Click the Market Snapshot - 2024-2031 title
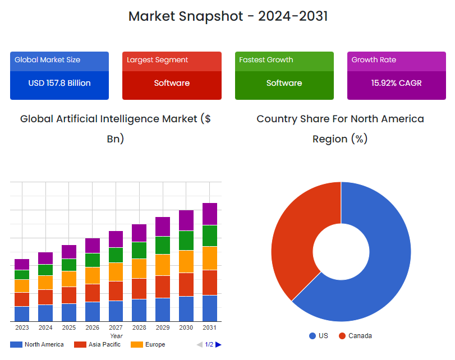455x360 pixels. tap(228, 16)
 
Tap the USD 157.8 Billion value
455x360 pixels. tap(59, 83)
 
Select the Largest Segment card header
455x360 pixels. tap(172, 60)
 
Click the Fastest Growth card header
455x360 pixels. tap(284, 60)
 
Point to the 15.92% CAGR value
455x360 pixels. tap(396, 83)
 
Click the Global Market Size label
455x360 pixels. tap(48, 60)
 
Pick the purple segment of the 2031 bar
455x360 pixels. tap(210, 214)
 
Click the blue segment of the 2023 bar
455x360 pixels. tap(22, 313)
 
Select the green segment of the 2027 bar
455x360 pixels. tap(116, 255)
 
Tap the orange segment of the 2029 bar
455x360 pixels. tap(163, 265)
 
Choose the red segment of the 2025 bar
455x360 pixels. tap(69, 295)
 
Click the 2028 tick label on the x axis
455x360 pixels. tap(139, 327)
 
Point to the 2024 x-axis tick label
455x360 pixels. tap(45, 327)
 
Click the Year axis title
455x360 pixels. tap(116, 336)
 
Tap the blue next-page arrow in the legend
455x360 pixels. tap(218, 344)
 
